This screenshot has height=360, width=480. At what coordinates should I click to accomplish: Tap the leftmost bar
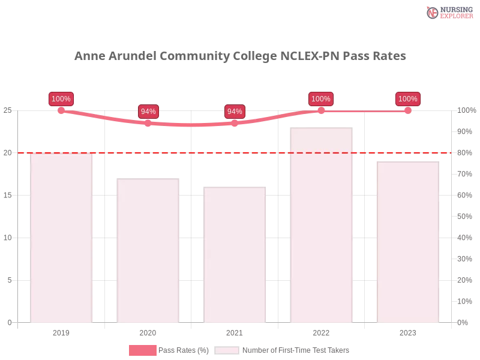click(x=62, y=238)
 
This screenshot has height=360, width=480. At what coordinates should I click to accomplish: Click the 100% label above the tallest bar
click(x=321, y=99)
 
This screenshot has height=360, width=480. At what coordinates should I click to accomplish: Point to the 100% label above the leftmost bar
click(x=61, y=99)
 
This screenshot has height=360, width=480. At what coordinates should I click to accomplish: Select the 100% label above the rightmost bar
click(x=408, y=99)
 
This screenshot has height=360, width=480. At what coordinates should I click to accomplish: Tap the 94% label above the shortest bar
click(x=235, y=112)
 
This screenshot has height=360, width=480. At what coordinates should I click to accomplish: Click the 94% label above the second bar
click(x=148, y=112)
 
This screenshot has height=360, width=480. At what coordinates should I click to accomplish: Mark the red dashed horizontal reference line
click(x=240, y=152)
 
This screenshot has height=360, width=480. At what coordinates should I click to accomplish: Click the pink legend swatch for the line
click(x=143, y=350)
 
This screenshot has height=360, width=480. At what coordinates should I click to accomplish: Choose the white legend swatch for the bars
click(x=227, y=350)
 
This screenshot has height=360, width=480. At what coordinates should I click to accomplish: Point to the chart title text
click(x=240, y=56)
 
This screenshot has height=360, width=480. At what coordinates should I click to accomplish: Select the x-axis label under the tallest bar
click(x=321, y=331)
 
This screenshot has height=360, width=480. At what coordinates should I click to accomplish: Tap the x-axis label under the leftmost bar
click(x=62, y=331)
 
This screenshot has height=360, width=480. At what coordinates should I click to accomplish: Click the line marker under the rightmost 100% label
click(x=408, y=110)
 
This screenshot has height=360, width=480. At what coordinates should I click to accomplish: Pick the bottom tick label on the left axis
click(x=9, y=322)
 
